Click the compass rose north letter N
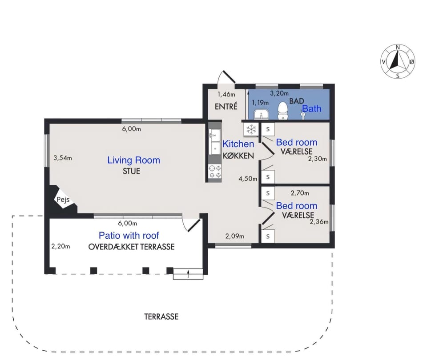pyautogui.click(x=398, y=48)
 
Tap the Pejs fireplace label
pyautogui.click(x=63, y=200)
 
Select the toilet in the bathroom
pyautogui.click(x=283, y=111)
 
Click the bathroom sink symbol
pyautogui.click(x=261, y=115)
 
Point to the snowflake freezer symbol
pyautogui.click(x=251, y=129)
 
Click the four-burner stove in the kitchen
pyautogui.click(x=215, y=172)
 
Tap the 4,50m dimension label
pyautogui.click(x=248, y=179)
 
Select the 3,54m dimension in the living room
pyautogui.click(x=63, y=158)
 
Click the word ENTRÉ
pyautogui.click(x=226, y=106)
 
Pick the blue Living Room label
pyautogui.click(x=134, y=160)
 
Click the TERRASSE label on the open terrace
pyautogui.click(x=161, y=316)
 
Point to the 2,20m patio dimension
pyautogui.click(x=61, y=246)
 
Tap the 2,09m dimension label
pyautogui.click(x=235, y=236)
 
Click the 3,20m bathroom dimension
pyautogui.click(x=279, y=93)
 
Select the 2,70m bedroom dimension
pyautogui.click(x=300, y=193)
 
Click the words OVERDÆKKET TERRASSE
pyautogui.click(x=132, y=247)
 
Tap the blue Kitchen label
pyautogui.click(x=238, y=144)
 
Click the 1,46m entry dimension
pyautogui.click(x=226, y=94)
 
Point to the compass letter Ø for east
pyautogui.click(x=412, y=62)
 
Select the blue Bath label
pyautogui.click(x=312, y=108)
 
